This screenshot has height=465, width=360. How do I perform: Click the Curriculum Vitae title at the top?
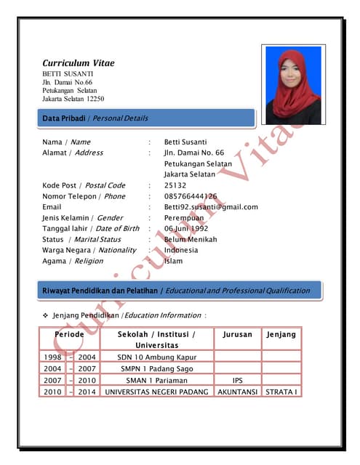click(79, 63)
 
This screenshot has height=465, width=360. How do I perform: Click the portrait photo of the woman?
click(293, 84)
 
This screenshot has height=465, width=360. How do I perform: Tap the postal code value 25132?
click(175, 185)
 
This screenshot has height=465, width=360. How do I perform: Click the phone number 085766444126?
click(191, 196)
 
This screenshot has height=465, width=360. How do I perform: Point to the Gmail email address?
click(211, 207)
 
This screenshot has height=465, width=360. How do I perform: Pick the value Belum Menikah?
click(191, 239)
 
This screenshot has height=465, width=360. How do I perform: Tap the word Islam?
click(173, 261)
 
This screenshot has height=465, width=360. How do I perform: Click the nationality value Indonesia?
click(181, 250)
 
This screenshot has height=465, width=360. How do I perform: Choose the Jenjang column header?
click(281, 335)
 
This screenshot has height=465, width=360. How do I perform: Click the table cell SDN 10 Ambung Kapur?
click(156, 357)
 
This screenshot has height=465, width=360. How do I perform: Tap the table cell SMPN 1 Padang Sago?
click(156, 368)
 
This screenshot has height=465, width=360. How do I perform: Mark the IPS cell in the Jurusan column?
click(237, 380)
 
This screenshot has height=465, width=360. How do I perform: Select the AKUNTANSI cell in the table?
click(237, 392)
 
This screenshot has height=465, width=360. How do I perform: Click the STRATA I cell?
click(281, 392)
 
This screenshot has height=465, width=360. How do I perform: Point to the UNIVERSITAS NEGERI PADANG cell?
click(156, 392)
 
